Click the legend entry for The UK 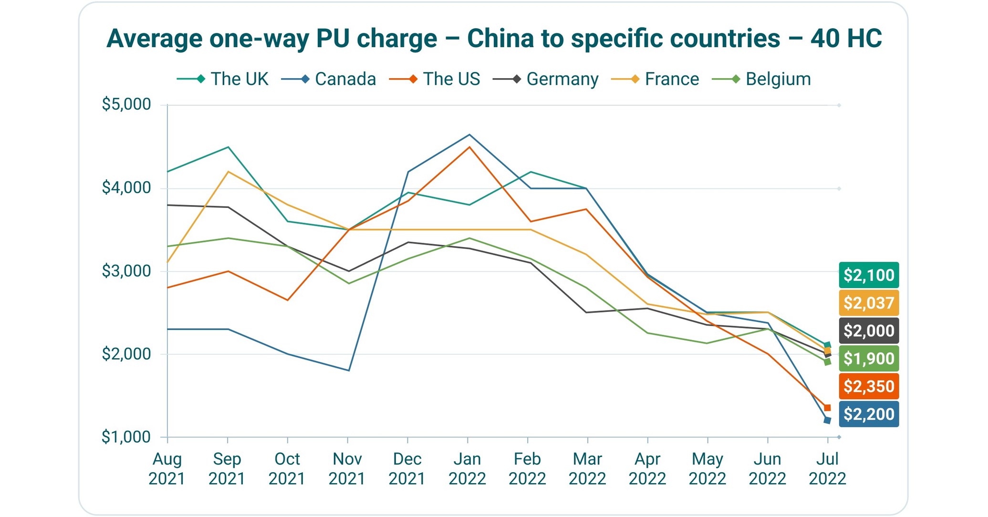point(223,79)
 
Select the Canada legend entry point(329,79)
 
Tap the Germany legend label point(546,79)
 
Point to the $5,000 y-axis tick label point(126,104)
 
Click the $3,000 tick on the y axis point(126,271)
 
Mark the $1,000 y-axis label point(126,437)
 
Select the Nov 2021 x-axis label point(347,468)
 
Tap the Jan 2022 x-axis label point(467,468)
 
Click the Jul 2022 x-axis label point(827,468)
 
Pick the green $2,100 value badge point(869,275)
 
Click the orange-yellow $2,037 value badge point(869,303)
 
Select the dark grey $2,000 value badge point(869,331)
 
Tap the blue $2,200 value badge point(869,414)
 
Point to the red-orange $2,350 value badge point(869,386)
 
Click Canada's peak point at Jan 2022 point(469,134)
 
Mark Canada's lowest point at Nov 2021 point(349,371)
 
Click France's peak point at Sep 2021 point(228,172)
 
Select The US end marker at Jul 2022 point(827,408)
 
